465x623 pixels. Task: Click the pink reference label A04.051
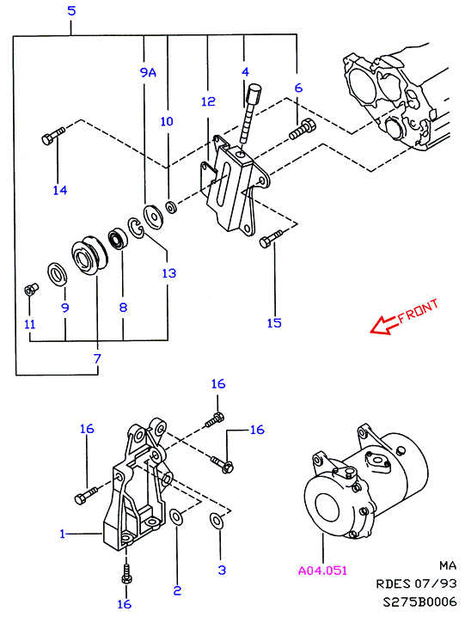click(x=322, y=571)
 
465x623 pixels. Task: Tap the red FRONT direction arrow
click(x=384, y=324)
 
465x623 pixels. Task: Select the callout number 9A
click(x=148, y=72)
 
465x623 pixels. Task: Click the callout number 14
click(x=60, y=190)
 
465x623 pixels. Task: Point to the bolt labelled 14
click(x=52, y=135)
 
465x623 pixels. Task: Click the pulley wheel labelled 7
click(x=89, y=256)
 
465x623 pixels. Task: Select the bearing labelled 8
click(x=118, y=238)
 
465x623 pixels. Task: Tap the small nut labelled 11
click(x=31, y=290)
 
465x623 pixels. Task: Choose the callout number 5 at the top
click(x=71, y=10)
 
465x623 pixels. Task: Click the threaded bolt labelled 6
click(x=303, y=129)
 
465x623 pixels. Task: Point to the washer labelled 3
click(x=217, y=521)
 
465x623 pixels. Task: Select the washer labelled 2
click(x=175, y=516)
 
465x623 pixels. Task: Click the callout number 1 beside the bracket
click(x=62, y=534)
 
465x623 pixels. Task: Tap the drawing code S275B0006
click(x=419, y=602)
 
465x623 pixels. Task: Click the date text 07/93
click(x=436, y=583)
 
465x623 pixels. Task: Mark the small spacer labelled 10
click(x=172, y=207)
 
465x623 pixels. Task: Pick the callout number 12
click(x=208, y=101)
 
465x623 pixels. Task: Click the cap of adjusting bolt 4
click(x=254, y=92)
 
